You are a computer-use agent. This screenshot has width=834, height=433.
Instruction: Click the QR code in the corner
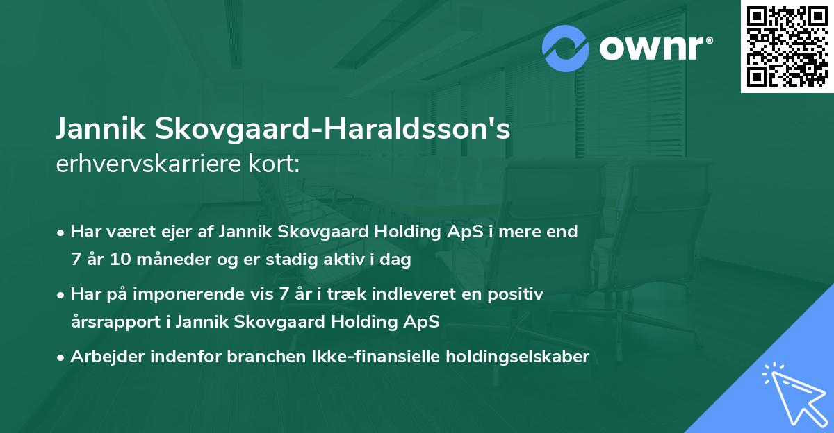coord(787,46)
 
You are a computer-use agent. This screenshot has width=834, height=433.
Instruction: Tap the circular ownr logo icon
coord(566,49)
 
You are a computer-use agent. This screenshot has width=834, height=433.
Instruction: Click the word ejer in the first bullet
coord(180,232)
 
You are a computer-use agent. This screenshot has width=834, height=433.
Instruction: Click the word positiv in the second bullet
coord(516,294)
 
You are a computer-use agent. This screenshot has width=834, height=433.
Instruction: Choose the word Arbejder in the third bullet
coord(103,357)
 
